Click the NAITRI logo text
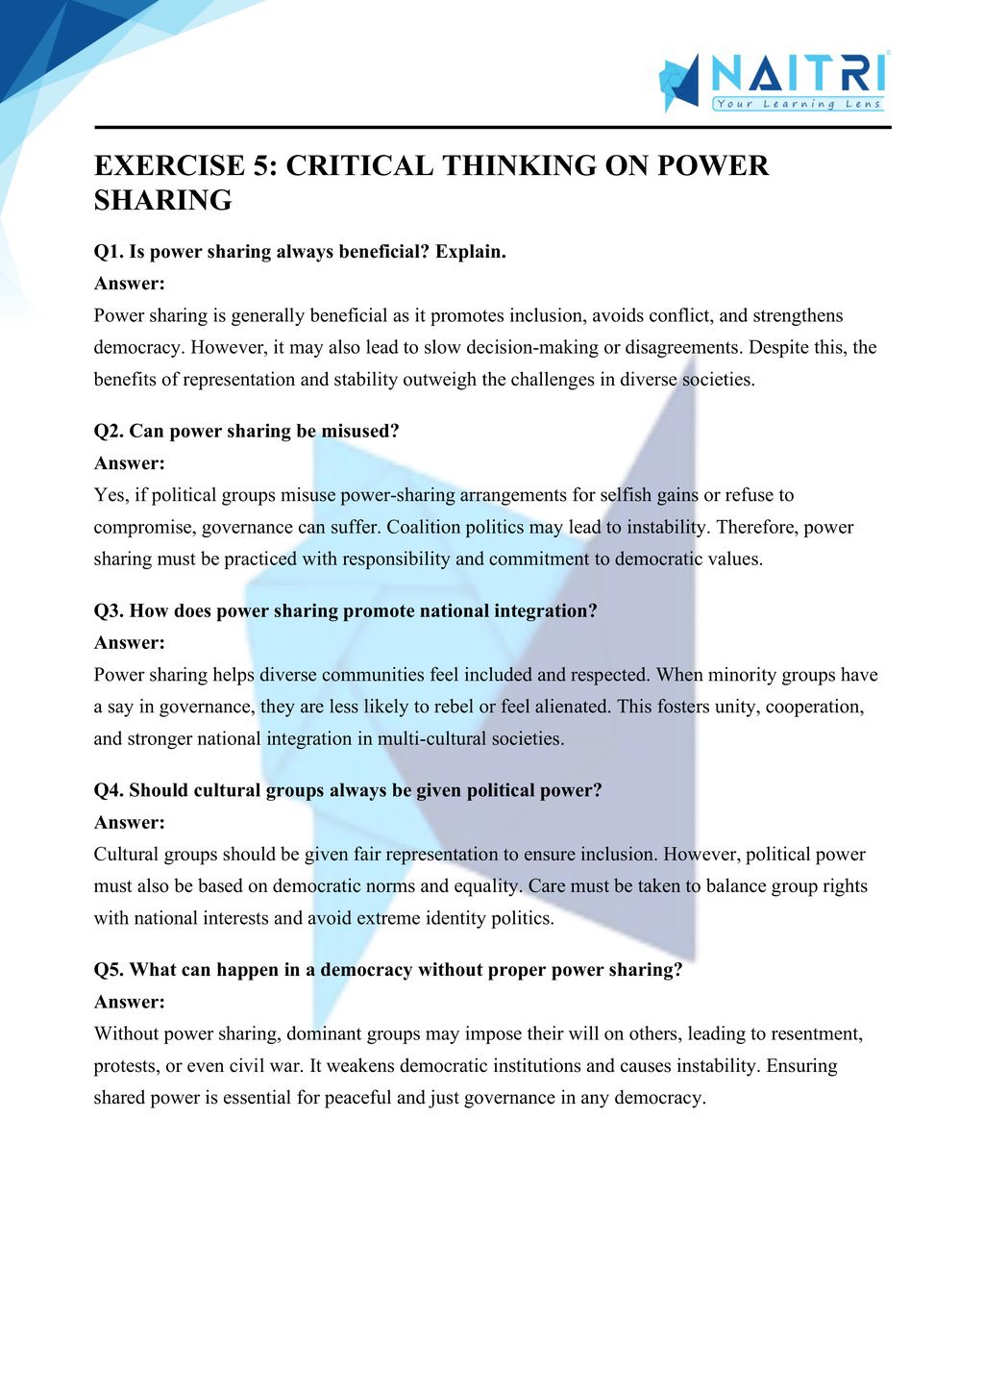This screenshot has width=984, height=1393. (x=798, y=73)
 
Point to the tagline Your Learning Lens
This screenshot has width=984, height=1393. (x=798, y=104)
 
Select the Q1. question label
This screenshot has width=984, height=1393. (x=109, y=252)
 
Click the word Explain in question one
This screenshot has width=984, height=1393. (x=470, y=252)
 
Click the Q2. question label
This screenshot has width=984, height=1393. (x=109, y=432)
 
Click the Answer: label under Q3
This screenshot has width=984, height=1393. (x=130, y=643)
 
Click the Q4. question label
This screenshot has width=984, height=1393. (x=109, y=790)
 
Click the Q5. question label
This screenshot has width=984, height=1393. (x=109, y=970)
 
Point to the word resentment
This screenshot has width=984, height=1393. (x=815, y=1034)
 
